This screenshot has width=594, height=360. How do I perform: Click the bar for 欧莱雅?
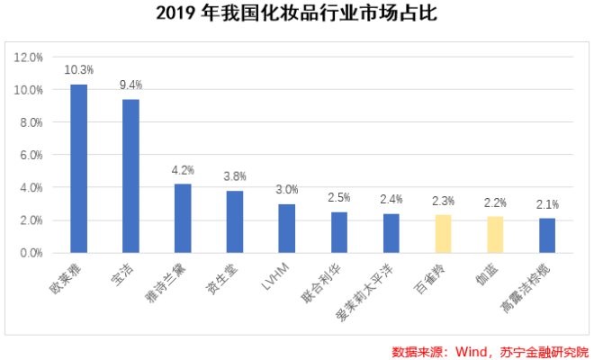(x=79, y=168)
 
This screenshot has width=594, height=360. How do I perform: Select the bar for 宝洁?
(x=130, y=175)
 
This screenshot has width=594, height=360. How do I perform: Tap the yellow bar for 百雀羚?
(x=443, y=234)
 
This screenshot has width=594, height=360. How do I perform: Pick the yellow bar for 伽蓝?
(x=495, y=235)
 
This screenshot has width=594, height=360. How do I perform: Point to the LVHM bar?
(x=286, y=229)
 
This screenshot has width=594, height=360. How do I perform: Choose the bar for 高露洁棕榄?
(x=547, y=236)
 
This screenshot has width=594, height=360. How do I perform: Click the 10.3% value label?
(x=79, y=68)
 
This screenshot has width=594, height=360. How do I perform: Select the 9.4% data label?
(x=131, y=84)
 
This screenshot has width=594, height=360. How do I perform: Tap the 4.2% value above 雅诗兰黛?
(x=183, y=168)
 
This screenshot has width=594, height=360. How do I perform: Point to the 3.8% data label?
(x=235, y=175)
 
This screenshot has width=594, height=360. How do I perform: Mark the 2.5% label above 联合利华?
(x=338, y=197)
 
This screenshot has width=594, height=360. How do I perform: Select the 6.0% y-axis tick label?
(x=30, y=155)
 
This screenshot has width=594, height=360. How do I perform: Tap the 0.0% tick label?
(x=30, y=253)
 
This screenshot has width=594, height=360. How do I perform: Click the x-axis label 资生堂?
(x=228, y=282)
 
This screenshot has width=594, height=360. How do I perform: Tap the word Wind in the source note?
(x=474, y=350)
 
